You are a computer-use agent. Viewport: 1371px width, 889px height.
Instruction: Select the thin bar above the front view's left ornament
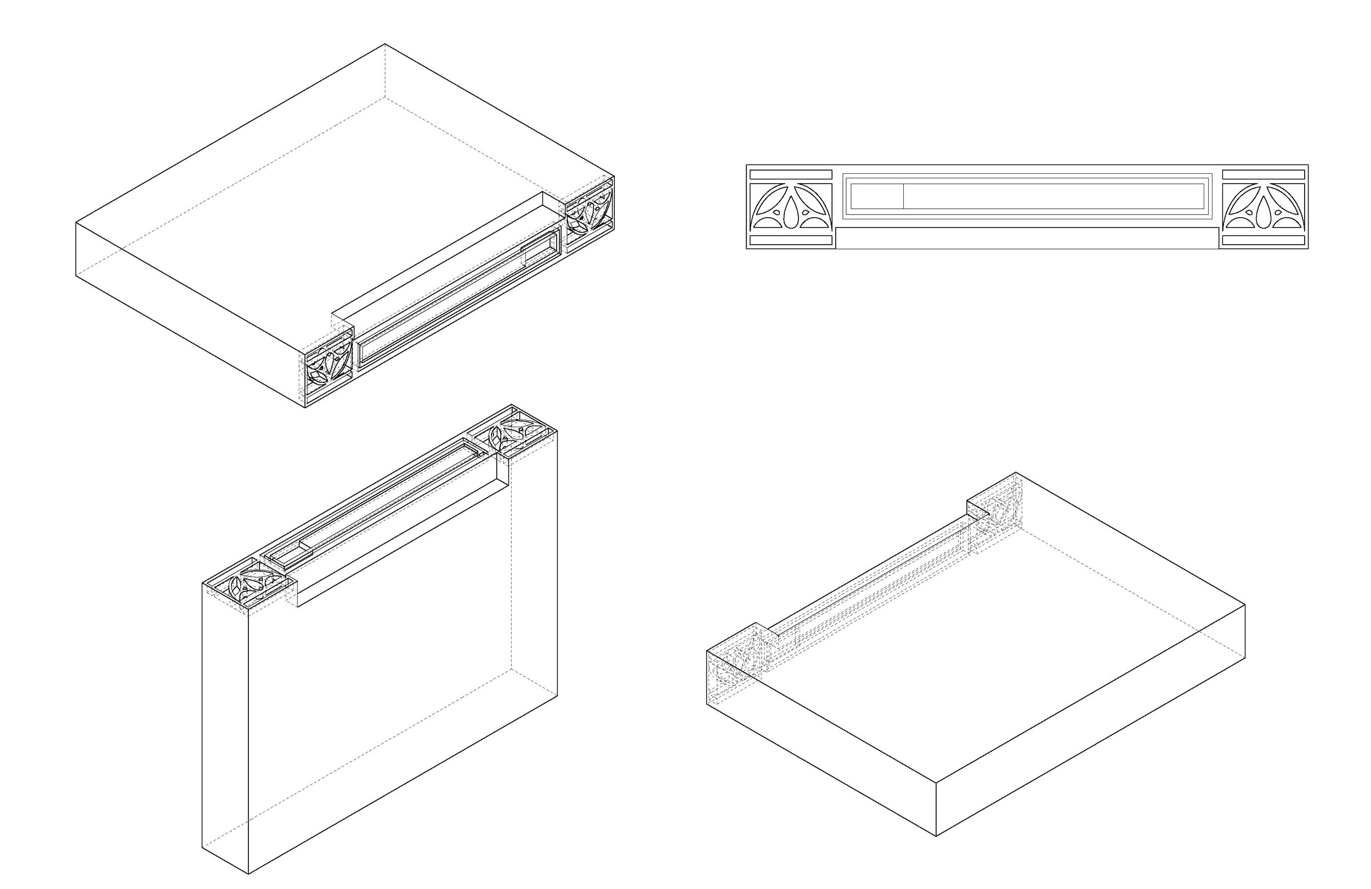(x=791, y=174)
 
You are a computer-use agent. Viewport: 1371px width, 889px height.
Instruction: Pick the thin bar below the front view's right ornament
(x=1263, y=240)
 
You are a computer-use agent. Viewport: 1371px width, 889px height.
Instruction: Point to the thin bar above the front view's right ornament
(x=1263, y=174)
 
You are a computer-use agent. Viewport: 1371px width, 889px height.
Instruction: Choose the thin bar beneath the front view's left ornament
(x=791, y=240)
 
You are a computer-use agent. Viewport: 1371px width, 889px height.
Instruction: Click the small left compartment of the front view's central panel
(x=877, y=196)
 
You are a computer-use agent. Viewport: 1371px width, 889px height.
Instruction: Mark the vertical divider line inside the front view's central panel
(x=903, y=196)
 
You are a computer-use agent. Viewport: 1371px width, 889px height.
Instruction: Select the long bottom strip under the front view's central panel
(x=1027, y=238)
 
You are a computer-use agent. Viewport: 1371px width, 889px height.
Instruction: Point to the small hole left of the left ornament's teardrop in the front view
(x=777, y=213)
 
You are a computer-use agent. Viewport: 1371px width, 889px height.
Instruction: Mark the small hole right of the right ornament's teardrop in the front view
(x=1278, y=213)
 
